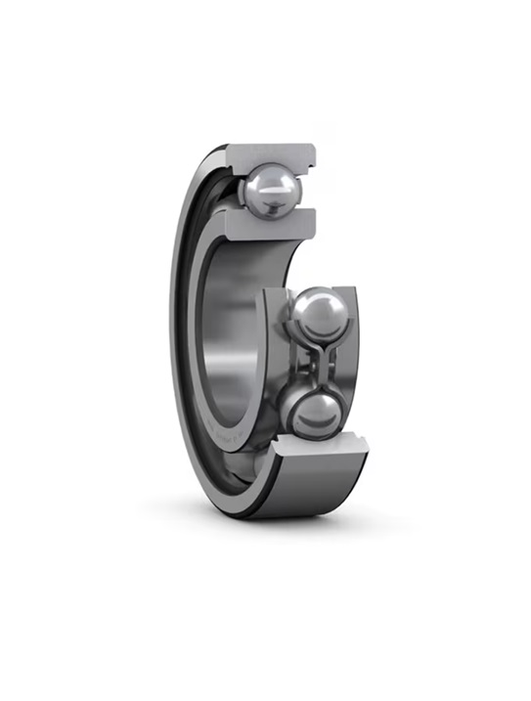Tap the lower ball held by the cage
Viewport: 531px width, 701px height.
(315, 413)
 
